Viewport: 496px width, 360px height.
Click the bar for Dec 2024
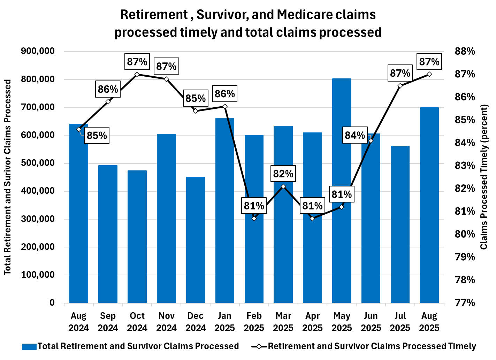pyautogui.click(x=196, y=240)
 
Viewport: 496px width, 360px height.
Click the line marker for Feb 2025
pyautogui.click(x=254, y=219)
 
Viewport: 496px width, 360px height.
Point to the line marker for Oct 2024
pyautogui.click(x=137, y=74)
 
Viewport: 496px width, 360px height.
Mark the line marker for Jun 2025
pyautogui.click(x=371, y=141)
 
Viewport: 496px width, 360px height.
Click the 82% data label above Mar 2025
pyautogui.click(x=283, y=174)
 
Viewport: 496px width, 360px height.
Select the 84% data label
pyautogui.click(x=355, y=135)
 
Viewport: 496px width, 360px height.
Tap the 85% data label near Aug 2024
pyautogui.click(x=97, y=135)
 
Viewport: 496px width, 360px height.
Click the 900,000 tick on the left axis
pyautogui.click(x=38, y=51)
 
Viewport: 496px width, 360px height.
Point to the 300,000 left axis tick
pyautogui.click(x=38, y=219)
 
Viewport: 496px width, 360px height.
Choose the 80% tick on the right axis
pyautogui.click(x=465, y=234)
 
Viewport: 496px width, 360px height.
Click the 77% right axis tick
pyautogui.click(x=465, y=302)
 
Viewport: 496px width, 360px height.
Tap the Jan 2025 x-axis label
pyautogui.click(x=225, y=322)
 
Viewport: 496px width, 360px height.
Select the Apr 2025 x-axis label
pyautogui.click(x=312, y=322)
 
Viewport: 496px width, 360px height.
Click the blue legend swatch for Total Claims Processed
pyautogui.click(x=29, y=346)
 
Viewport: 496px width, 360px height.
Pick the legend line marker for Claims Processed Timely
pyautogui.click(x=259, y=346)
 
